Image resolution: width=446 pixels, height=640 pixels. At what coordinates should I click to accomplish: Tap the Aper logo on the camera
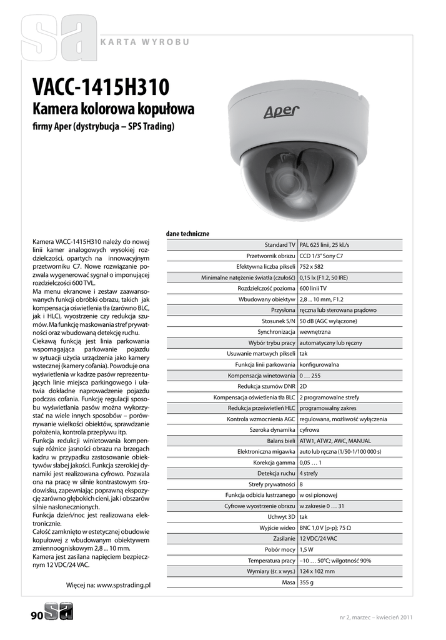coord(280,112)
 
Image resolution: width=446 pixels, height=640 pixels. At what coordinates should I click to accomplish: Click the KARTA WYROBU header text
coord(144,42)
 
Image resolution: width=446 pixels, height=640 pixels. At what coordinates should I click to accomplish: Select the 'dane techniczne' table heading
coord(187,234)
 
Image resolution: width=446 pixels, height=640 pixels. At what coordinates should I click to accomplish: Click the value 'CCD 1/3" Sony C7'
coord(321,256)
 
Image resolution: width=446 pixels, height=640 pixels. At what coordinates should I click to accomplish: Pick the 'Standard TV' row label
coord(279,245)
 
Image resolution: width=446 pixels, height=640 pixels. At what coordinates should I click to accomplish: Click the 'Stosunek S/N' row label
coord(278,321)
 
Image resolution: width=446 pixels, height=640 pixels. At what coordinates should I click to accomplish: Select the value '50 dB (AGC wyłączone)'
coord(328,321)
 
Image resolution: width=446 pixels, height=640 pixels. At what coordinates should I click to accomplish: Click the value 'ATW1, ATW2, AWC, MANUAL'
coord(335,441)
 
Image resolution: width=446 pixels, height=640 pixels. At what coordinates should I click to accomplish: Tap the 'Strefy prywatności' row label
coord(272,484)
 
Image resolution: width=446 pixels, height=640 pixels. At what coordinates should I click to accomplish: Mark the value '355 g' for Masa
coord(306,582)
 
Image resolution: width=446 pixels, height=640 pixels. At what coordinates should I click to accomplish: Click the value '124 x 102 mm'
coord(317,571)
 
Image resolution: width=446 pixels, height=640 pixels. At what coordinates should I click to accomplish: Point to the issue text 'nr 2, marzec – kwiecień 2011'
coord(375,618)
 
